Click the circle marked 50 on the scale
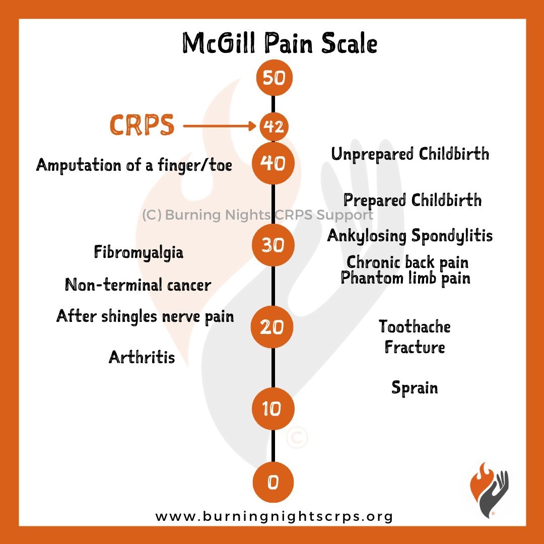(x=273, y=78)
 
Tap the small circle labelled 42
(x=274, y=126)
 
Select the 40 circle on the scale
(x=273, y=163)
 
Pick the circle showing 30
(x=273, y=245)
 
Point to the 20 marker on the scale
(x=273, y=327)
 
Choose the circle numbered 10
(x=273, y=409)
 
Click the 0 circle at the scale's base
(x=273, y=483)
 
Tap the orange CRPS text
(x=142, y=125)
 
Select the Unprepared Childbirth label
(x=410, y=154)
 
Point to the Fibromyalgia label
(x=139, y=252)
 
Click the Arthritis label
(x=142, y=357)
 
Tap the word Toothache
(x=415, y=326)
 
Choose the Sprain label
(x=415, y=387)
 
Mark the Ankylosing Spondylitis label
(x=410, y=235)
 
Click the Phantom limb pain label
(x=405, y=278)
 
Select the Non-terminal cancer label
(x=138, y=285)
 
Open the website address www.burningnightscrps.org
(x=274, y=516)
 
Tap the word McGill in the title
(x=220, y=44)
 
